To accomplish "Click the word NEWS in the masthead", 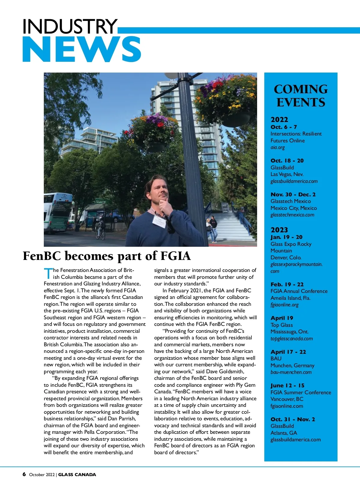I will (82, 49).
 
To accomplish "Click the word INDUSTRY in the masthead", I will (70, 26).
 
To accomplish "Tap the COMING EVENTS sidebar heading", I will (301, 96).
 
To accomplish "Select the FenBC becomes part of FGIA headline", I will (107, 256).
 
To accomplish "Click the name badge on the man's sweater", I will (159, 221).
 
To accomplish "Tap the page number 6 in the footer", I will (24, 474).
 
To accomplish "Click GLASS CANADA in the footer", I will (77, 475).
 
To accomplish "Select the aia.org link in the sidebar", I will (277, 148).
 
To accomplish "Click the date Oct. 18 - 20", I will (287, 161).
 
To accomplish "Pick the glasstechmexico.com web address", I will (292, 215).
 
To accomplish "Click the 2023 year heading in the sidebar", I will (279, 230).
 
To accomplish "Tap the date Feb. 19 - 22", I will (287, 284).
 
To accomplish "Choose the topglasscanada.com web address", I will (291, 339).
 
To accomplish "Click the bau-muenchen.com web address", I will (291, 372).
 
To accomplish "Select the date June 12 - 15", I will (287, 386).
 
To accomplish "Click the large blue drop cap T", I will (48, 273).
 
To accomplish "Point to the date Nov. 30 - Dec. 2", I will (293, 195).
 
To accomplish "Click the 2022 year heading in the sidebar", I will (279, 120).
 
